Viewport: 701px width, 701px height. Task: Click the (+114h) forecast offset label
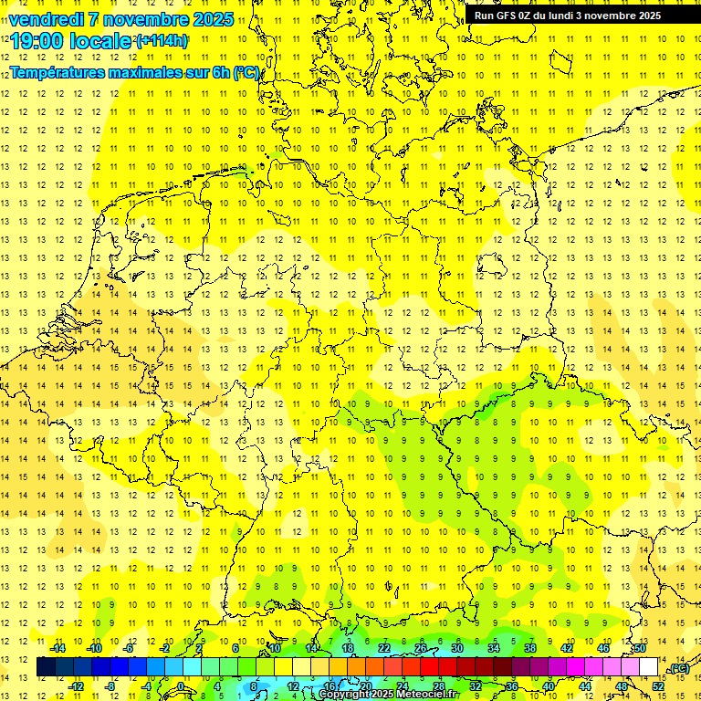pyautogui.click(x=162, y=41)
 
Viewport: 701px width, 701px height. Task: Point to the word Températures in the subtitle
pyautogui.click(x=60, y=72)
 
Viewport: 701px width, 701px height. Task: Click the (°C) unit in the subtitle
pyautogui.click(x=247, y=72)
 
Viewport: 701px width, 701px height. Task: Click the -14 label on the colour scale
pyautogui.click(x=58, y=648)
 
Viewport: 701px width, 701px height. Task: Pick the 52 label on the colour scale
pyautogui.click(x=658, y=686)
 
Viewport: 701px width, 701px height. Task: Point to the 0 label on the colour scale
pyautogui.click(x=181, y=686)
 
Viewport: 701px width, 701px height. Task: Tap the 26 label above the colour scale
pyautogui.click(x=421, y=648)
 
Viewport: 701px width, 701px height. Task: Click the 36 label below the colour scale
pyautogui.click(x=512, y=686)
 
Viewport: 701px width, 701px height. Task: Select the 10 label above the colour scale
pyautogui.click(x=275, y=648)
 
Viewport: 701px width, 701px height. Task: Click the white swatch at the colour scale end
pyautogui.click(x=649, y=667)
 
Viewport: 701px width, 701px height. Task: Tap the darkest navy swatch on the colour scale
pyautogui.click(x=46, y=667)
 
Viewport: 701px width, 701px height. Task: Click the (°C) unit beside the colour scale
pyautogui.click(x=678, y=668)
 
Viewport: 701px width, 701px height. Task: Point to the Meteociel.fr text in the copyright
pyautogui.click(x=429, y=695)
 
